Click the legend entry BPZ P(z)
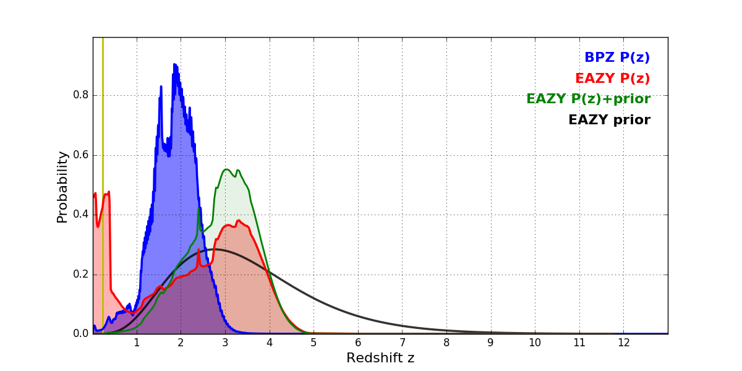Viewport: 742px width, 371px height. [x=616, y=58]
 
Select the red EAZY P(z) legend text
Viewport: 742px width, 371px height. [x=612, y=79]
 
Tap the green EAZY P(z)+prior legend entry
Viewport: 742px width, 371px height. [x=588, y=99]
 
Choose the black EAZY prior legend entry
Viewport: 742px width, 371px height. [x=609, y=120]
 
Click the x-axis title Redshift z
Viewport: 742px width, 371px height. [x=380, y=358]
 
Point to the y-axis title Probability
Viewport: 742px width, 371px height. [x=62, y=186]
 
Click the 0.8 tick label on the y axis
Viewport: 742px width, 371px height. [x=81, y=95]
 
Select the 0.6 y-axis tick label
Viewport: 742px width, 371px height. [x=81, y=155]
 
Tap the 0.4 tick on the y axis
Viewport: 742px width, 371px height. [x=81, y=215]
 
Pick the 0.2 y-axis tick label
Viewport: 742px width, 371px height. [x=81, y=275]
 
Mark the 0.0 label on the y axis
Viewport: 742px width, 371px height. [x=81, y=334]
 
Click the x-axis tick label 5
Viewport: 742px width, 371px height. [x=313, y=343]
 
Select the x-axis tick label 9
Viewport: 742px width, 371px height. [x=490, y=343]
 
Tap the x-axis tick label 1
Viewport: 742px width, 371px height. [x=137, y=343]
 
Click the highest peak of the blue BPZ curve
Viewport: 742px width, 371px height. [x=174, y=64]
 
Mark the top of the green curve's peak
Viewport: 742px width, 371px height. [x=226, y=169]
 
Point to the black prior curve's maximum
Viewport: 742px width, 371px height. [x=215, y=249]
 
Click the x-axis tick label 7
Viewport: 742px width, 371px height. [x=402, y=343]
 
